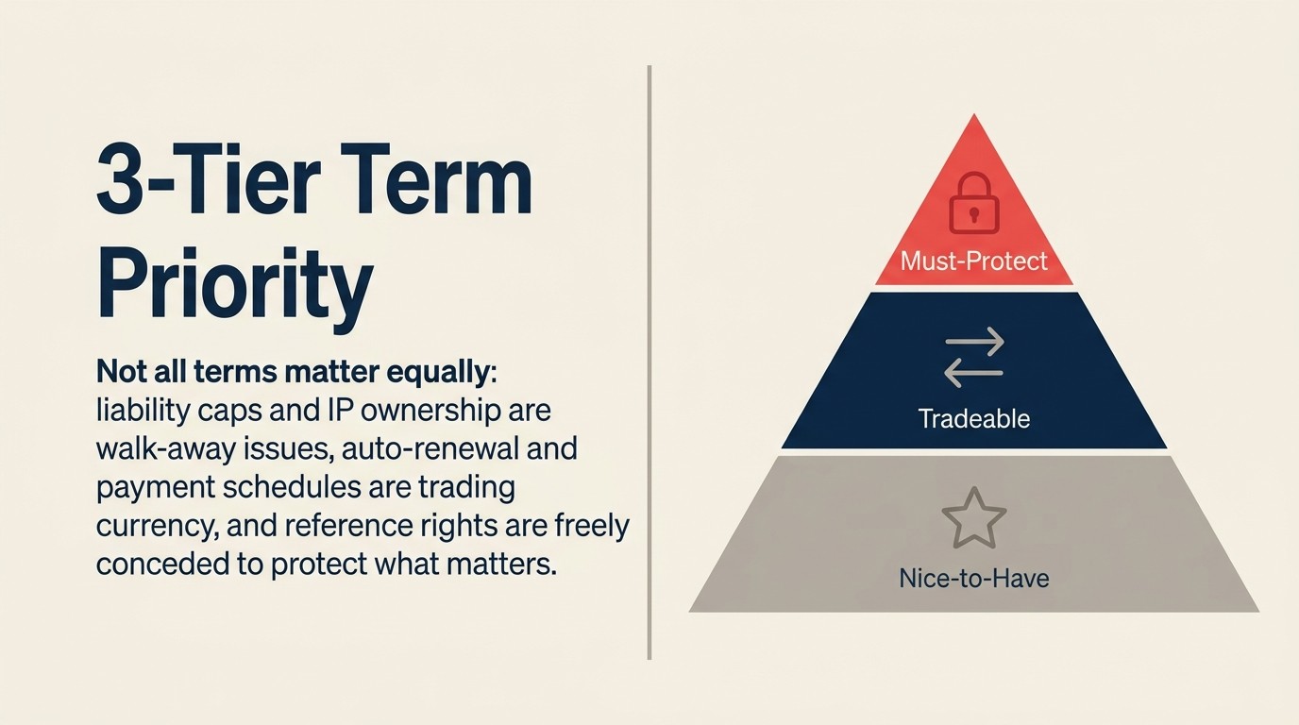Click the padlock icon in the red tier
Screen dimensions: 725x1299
click(x=973, y=202)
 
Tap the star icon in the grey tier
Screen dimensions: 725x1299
click(x=973, y=517)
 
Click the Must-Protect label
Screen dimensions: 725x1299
click(x=973, y=261)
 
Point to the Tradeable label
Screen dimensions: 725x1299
click(x=973, y=418)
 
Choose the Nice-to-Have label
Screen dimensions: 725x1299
click(x=973, y=577)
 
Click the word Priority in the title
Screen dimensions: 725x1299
click(x=235, y=282)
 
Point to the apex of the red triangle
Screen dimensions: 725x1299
click(x=973, y=117)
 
